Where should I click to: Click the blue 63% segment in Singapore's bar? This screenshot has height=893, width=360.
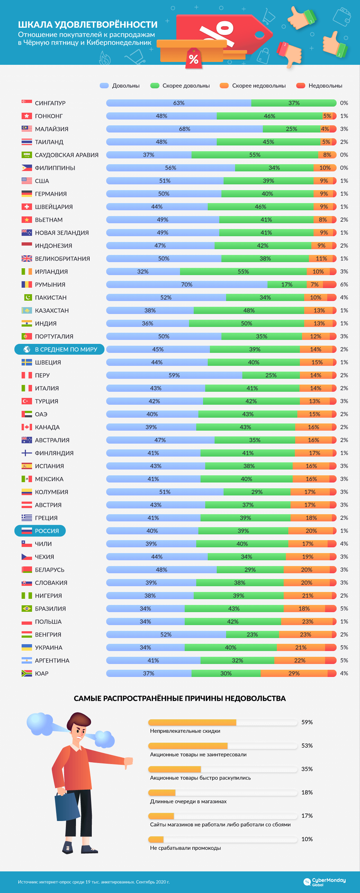179,103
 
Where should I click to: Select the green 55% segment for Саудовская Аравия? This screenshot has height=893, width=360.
255,155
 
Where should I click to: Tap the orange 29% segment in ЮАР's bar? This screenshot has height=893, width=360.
294,673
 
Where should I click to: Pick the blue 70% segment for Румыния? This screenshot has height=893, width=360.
186,284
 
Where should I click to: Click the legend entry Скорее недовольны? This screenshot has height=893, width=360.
258,86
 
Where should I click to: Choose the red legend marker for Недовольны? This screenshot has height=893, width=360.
301,86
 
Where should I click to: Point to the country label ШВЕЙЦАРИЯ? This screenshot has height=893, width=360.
54,207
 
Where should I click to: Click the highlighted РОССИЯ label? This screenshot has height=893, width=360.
46,531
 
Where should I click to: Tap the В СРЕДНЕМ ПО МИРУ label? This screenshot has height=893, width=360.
66,349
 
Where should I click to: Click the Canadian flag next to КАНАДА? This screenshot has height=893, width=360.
27,427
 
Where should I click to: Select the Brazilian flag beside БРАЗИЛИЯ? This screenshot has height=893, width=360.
27,609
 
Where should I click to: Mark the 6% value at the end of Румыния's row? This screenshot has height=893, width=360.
344,284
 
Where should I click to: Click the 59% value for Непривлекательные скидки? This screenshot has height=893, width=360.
307,722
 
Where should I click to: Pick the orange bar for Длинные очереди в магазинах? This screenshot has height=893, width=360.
162,793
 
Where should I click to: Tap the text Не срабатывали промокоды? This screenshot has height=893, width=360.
185,848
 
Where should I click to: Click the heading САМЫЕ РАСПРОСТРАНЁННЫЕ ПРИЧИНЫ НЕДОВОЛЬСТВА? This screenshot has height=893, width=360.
180,699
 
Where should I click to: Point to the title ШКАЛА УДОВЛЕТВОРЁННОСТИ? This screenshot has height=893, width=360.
87,24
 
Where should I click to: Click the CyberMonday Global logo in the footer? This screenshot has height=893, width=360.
324,881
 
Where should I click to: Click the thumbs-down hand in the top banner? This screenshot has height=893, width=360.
290,54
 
